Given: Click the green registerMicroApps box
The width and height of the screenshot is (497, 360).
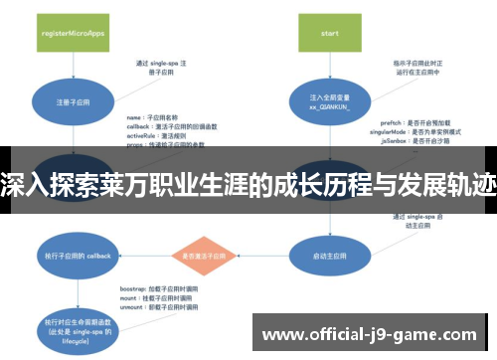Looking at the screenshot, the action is pyautogui.click(x=73, y=33).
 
